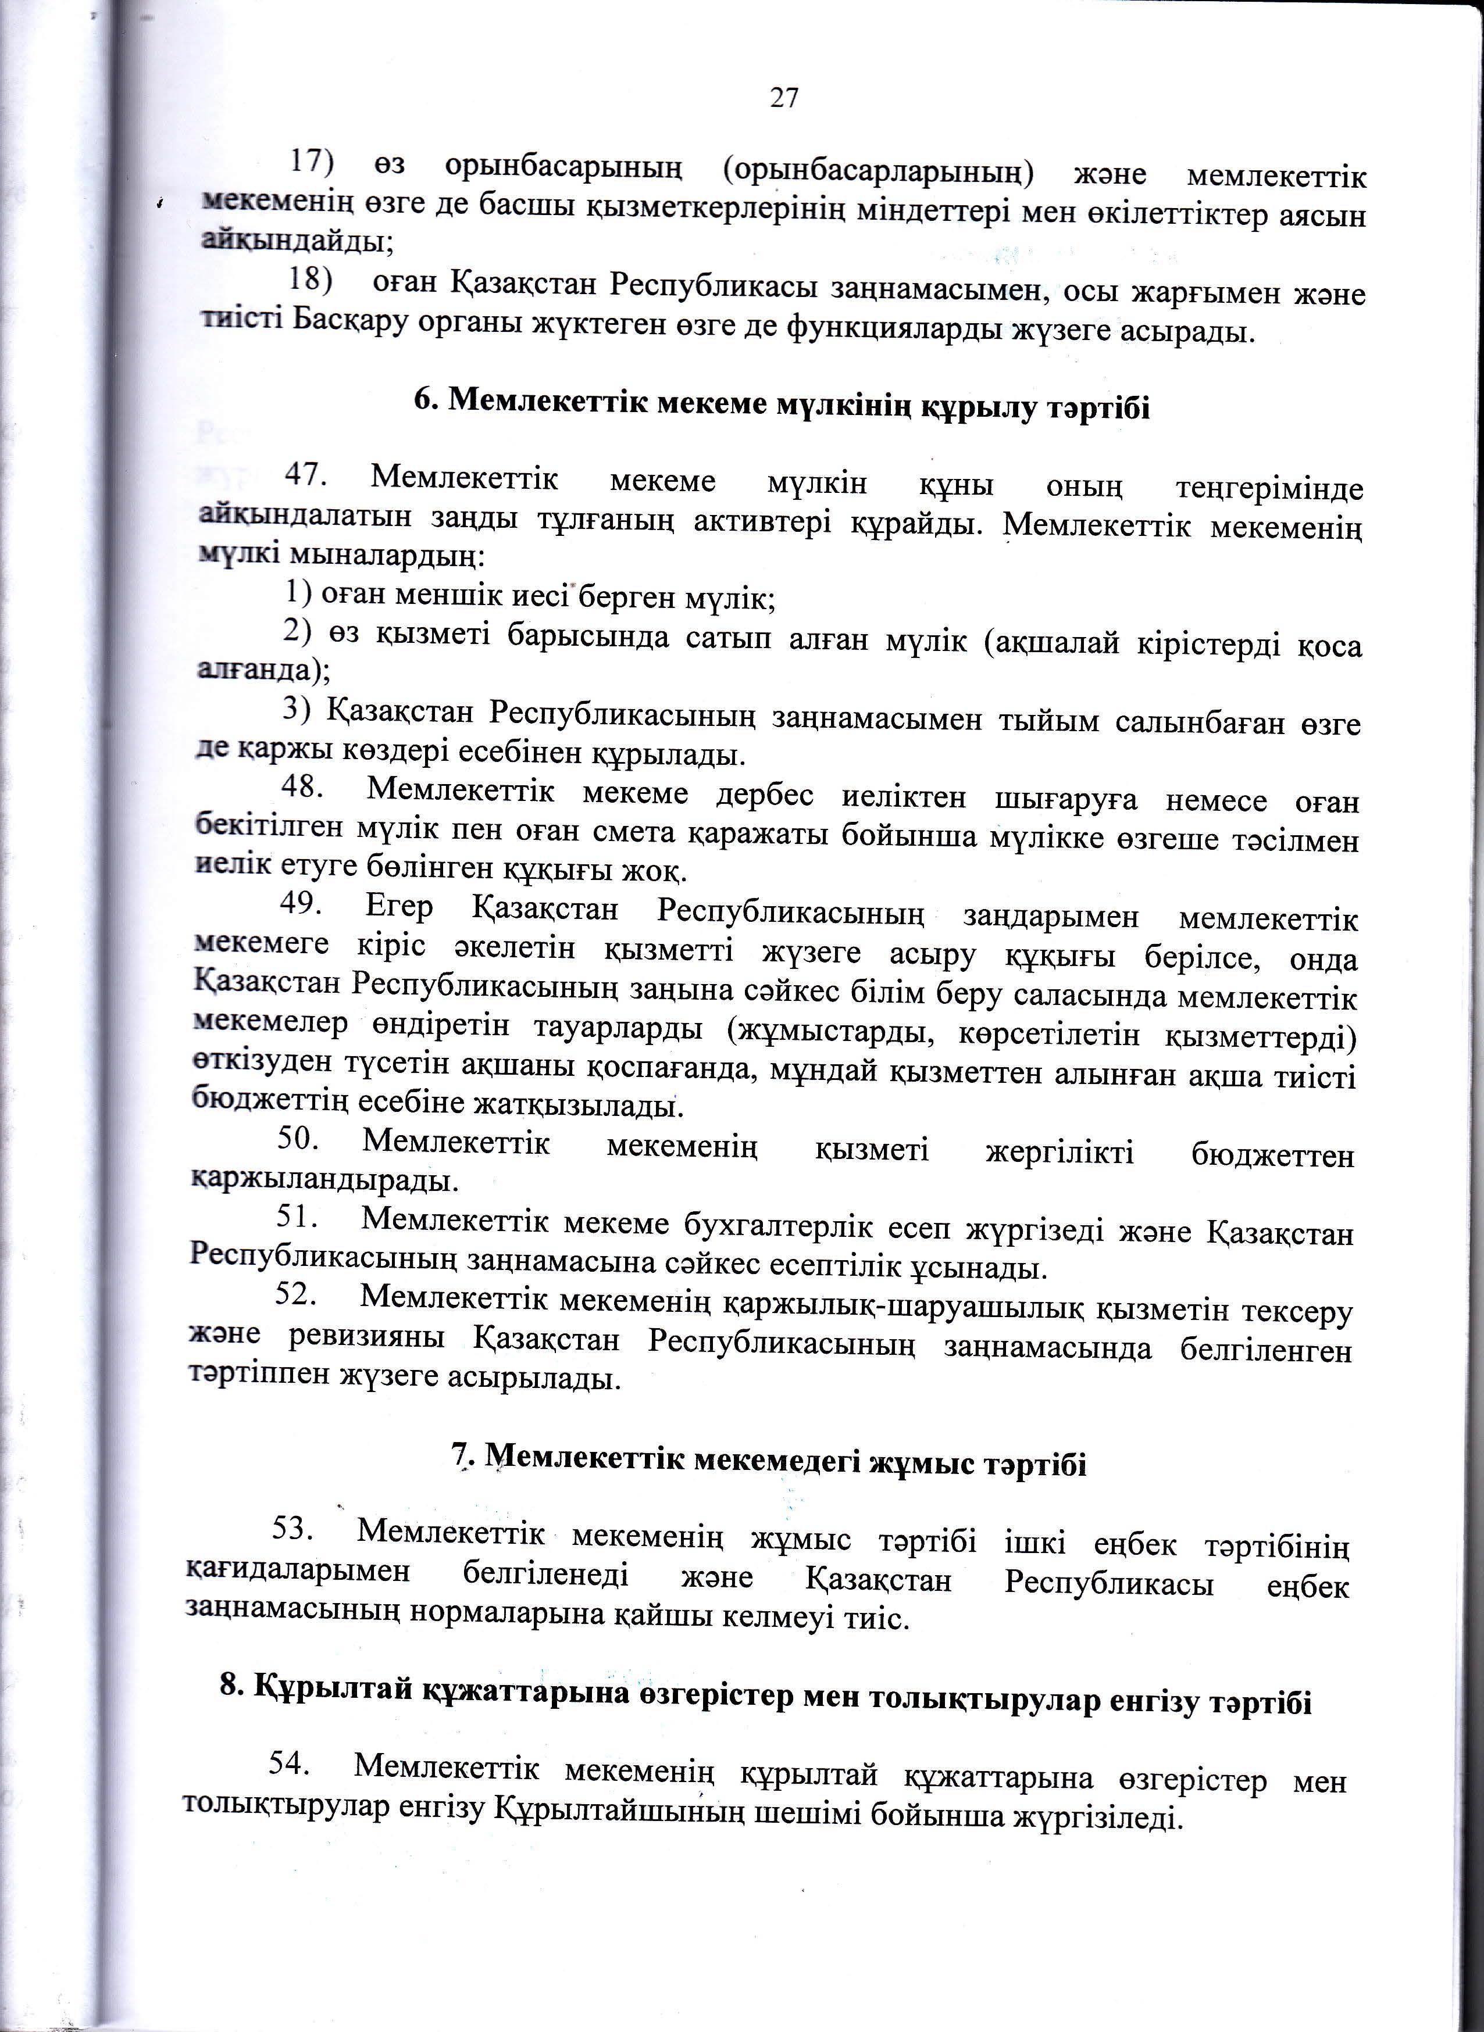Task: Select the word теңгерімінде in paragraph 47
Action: coord(1268,488)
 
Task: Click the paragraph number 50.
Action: coord(298,1139)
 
